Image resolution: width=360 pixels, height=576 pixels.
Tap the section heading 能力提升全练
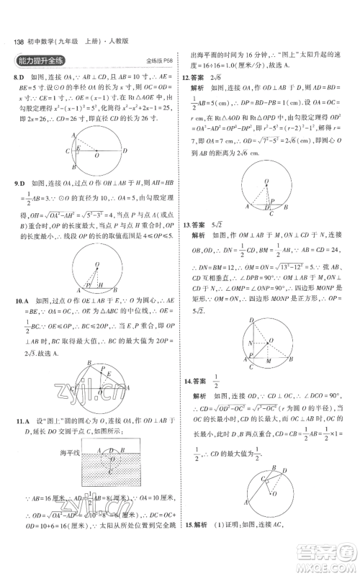(45, 62)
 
